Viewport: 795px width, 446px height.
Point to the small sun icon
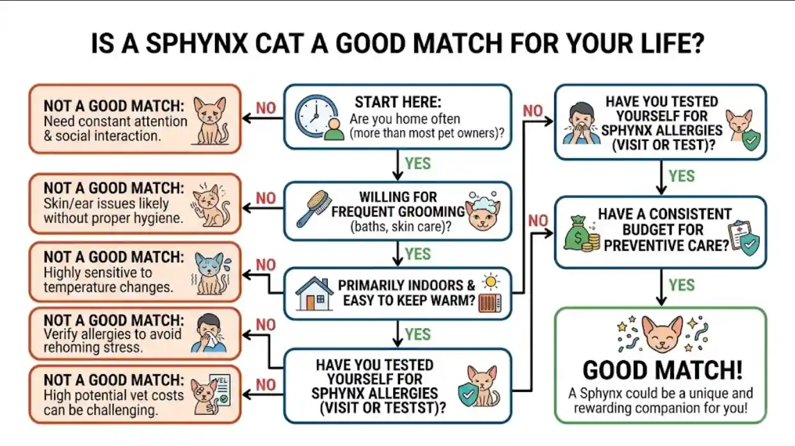[x=492, y=282]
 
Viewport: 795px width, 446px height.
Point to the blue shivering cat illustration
[x=209, y=273]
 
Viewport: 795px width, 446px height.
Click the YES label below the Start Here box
[x=417, y=163]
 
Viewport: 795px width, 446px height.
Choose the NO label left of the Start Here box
[x=265, y=107]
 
